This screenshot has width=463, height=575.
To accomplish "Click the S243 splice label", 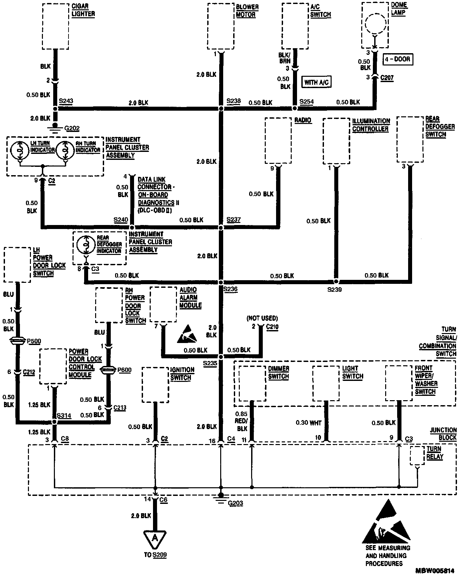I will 66,101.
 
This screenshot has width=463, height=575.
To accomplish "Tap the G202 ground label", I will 72,128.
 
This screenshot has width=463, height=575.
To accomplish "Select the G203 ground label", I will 235,503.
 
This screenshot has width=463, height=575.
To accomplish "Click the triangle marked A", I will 155,538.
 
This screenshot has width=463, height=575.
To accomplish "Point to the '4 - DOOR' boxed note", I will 398,59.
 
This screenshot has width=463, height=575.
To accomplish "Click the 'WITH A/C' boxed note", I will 316,82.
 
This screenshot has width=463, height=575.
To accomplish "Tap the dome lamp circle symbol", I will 376,24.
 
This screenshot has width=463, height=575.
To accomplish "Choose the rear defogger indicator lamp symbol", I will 86,245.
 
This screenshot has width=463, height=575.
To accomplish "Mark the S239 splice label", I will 334,289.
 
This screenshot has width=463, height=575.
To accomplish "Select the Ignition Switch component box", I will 155,384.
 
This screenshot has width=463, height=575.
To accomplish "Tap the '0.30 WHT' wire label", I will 309,423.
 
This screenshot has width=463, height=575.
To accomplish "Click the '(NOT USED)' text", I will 262,318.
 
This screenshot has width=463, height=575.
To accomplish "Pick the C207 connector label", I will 387,78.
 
